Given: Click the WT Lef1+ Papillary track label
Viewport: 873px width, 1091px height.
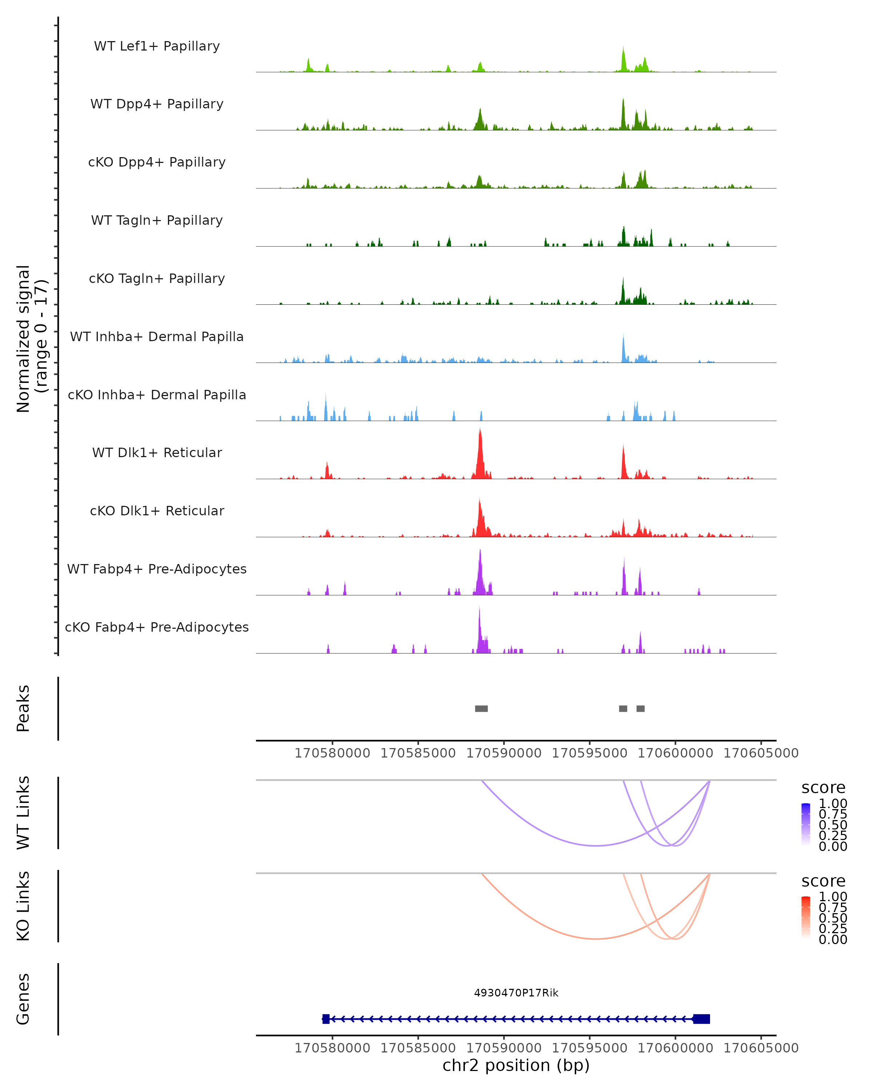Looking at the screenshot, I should click(157, 46).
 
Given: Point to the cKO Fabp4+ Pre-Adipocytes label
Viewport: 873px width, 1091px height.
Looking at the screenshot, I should click(157, 627).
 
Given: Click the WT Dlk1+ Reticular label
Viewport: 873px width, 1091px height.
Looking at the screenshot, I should click(157, 452).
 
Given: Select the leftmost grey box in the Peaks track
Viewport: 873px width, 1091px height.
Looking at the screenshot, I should click(481, 708).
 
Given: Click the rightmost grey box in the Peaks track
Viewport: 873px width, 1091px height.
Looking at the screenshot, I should click(641, 708).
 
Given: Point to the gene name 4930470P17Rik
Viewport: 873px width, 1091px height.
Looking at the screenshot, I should click(516, 993).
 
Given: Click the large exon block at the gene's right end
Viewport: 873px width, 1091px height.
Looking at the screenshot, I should click(701, 1019).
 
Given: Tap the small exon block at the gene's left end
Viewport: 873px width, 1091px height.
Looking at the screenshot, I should click(326, 1019).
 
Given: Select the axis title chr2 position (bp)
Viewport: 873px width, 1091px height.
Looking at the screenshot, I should click(516, 1065).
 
